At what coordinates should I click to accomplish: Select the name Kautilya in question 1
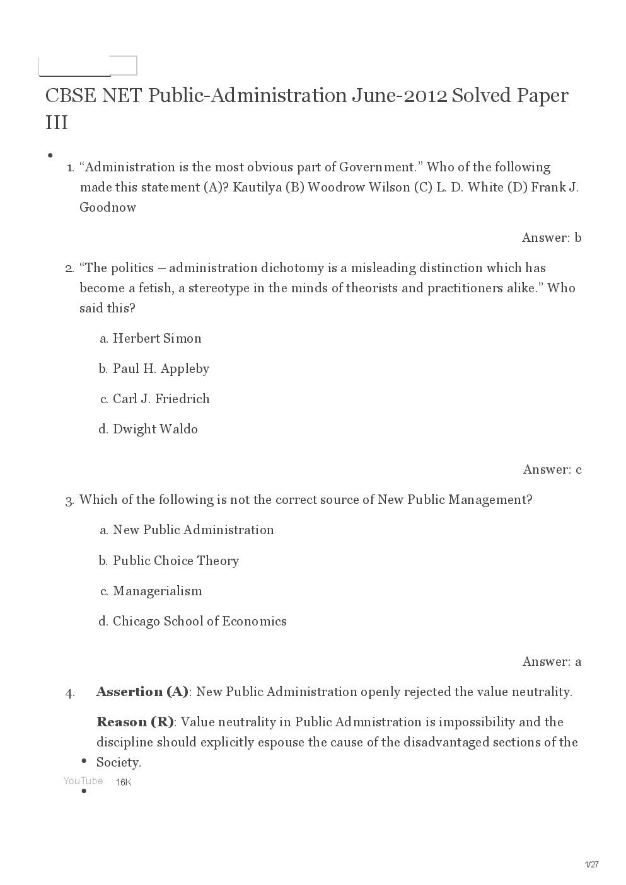pos(257,187)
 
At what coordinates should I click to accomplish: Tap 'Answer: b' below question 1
pos(551,237)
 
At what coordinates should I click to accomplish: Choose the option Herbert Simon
pos(157,338)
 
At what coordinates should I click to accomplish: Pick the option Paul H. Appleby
pos(161,368)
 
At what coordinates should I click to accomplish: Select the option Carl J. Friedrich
pos(161,399)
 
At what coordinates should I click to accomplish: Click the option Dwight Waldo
pos(155,429)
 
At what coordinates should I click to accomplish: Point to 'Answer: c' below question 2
pos(552,469)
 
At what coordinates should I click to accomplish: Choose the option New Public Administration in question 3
pos(193,530)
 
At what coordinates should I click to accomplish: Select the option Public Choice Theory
pos(175,561)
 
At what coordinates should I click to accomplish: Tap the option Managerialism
pos(157,591)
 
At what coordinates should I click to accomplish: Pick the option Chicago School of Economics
pos(199,621)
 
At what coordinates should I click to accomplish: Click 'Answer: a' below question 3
pos(552,661)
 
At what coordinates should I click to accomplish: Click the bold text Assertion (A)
pos(142,692)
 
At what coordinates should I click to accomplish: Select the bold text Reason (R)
pos(135,722)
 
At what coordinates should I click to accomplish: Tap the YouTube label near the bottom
pos(83,781)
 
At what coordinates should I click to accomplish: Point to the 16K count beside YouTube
pos(124,782)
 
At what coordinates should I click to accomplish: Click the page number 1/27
pos(591,865)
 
